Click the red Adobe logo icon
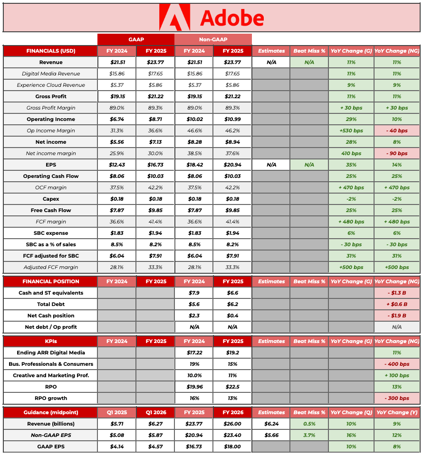(x=174, y=18)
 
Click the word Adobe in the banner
(x=232, y=18)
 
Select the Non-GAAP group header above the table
(x=213, y=39)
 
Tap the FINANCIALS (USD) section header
(x=50, y=51)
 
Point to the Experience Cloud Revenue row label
(x=50, y=85)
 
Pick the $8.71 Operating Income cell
(x=155, y=119)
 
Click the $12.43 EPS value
(x=116, y=165)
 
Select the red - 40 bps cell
(x=396, y=130)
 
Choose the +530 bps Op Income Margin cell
(x=351, y=130)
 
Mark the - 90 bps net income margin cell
(x=396, y=153)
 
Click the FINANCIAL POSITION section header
(x=50, y=281)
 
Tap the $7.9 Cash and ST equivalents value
(x=194, y=293)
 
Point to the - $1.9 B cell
(x=396, y=316)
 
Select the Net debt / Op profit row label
(x=50, y=327)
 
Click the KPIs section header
(x=50, y=341)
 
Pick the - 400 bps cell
(x=396, y=364)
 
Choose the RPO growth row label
(x=50, y=398)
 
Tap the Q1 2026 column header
(x=155, y=412)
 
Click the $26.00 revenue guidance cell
(x=232, y=424)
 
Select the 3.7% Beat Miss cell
(x=309, y=435)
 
